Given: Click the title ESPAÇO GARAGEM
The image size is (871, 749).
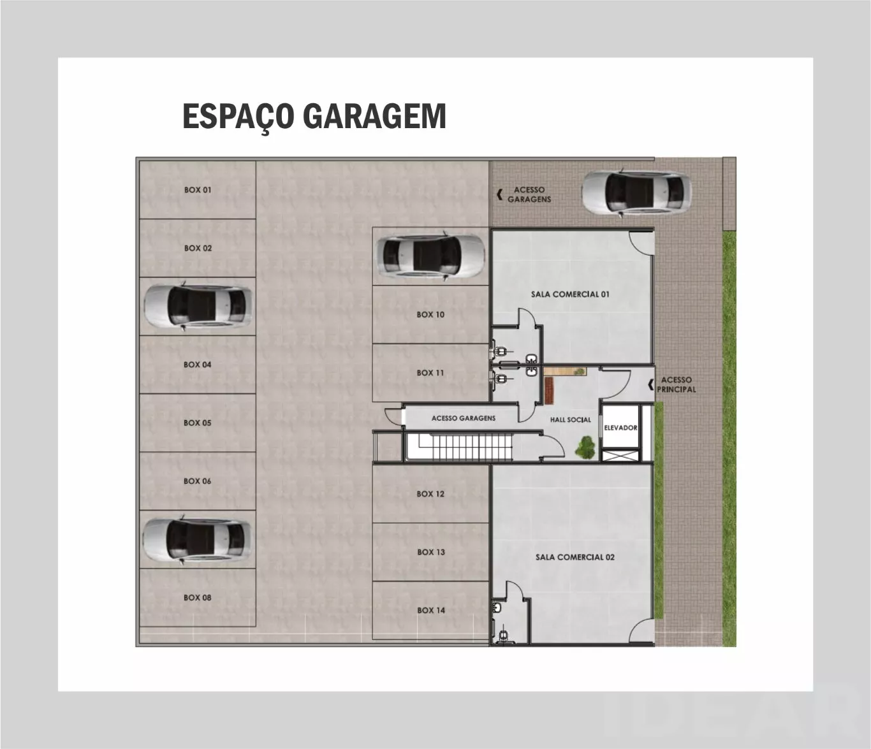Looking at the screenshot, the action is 314,116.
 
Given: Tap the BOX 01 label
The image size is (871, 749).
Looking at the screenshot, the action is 198,190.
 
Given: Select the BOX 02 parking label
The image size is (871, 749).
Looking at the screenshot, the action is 198,248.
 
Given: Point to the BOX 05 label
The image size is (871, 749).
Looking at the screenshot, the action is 197,423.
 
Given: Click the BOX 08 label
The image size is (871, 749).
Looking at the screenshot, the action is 197,597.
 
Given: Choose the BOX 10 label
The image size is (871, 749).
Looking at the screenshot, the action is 430,314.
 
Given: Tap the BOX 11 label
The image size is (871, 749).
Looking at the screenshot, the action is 430,372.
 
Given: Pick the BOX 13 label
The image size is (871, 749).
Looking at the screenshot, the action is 430,552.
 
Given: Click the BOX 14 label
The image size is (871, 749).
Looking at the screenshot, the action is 430,610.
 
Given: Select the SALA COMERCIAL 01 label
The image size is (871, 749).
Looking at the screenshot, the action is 570,294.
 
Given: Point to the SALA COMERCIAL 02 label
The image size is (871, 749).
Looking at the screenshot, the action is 575,557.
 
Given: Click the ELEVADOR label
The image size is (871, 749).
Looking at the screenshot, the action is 620,428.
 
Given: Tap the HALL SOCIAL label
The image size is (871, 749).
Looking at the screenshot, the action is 570,419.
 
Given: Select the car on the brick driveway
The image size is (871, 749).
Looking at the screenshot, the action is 636,193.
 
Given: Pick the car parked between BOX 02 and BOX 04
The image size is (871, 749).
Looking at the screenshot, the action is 198,306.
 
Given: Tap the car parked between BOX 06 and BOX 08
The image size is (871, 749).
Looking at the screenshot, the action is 196,540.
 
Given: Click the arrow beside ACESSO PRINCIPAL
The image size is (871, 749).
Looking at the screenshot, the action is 651,384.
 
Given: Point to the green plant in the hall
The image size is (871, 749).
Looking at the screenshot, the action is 586,447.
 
